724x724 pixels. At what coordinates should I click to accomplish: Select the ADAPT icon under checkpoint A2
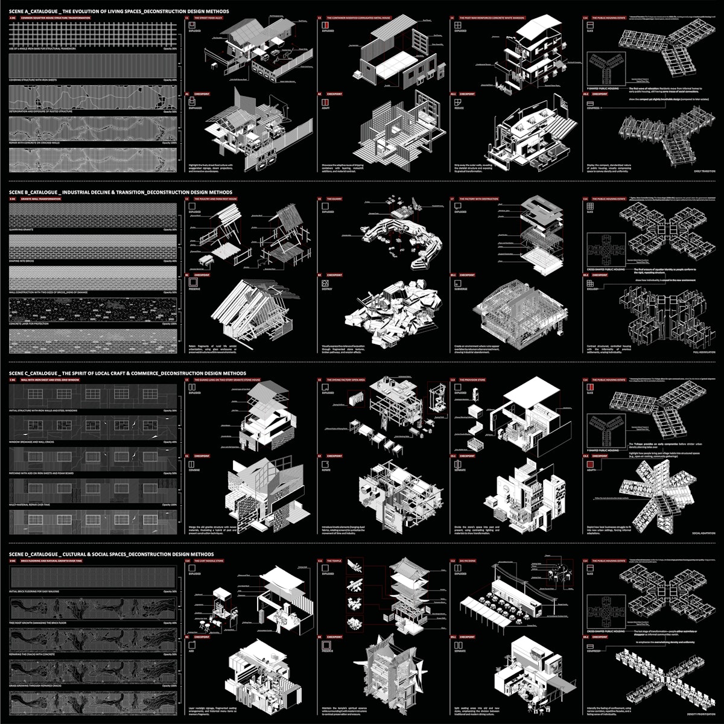pyautogui.click(x=326, y=103)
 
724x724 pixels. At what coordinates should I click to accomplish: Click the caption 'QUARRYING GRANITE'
pyautogui.click(x=24, y=230)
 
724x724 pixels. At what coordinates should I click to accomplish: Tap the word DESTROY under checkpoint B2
pyautogui.click(x=328, y=290)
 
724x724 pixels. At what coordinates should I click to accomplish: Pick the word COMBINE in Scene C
pyautogui.click(x=195, y=471)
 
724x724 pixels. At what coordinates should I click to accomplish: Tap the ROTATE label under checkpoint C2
pyautogui.click(x=326, y=471)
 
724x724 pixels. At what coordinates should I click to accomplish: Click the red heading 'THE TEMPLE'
pyautogui.click(x=334, y=561)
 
